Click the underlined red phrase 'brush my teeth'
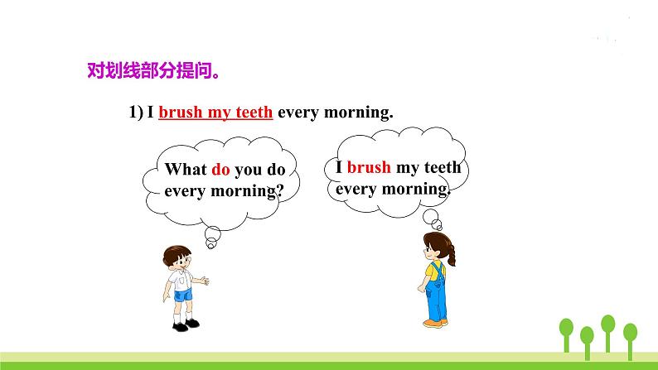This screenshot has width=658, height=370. pos(215,113)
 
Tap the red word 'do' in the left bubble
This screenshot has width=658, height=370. pos(220,171)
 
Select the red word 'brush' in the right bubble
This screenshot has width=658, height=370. pos(369,167)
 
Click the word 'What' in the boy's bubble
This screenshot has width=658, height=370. pos(186,171)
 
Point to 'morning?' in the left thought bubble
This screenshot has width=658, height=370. pos(249,191)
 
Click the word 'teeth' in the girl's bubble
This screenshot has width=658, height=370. pos(443,167)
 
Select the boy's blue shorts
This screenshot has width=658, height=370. pos(182,294)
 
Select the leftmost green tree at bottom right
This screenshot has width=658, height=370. pos(567,331)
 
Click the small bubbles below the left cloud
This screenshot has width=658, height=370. pos(210,236)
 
